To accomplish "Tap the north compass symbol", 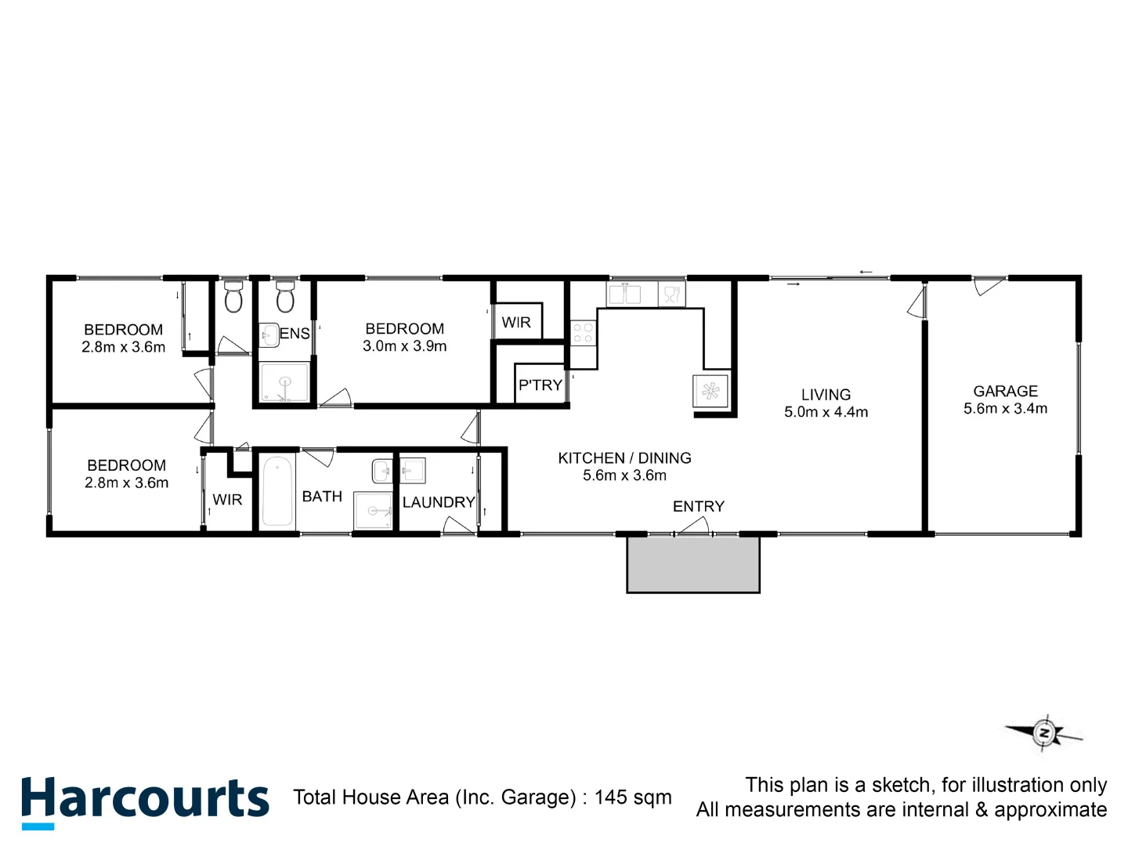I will (1043, 734).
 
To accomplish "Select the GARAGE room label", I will (1005, 391).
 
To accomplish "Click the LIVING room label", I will (826, 395).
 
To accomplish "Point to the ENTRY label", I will (698, 507).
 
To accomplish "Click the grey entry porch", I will (693, 564).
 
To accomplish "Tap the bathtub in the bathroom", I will (277, 491).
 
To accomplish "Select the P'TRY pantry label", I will (540, 385).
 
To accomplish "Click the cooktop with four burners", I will (582, 333).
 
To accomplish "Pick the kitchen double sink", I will (624, 295).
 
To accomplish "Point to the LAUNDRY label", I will (439, 502).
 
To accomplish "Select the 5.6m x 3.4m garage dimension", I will (1005, 409).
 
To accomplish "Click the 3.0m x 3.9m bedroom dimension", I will (404, 346).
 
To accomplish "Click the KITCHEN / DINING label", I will (624, 458).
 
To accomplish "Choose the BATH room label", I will (322, 497).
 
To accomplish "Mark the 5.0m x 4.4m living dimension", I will (826, 412).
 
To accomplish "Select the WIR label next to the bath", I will (227, 500).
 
